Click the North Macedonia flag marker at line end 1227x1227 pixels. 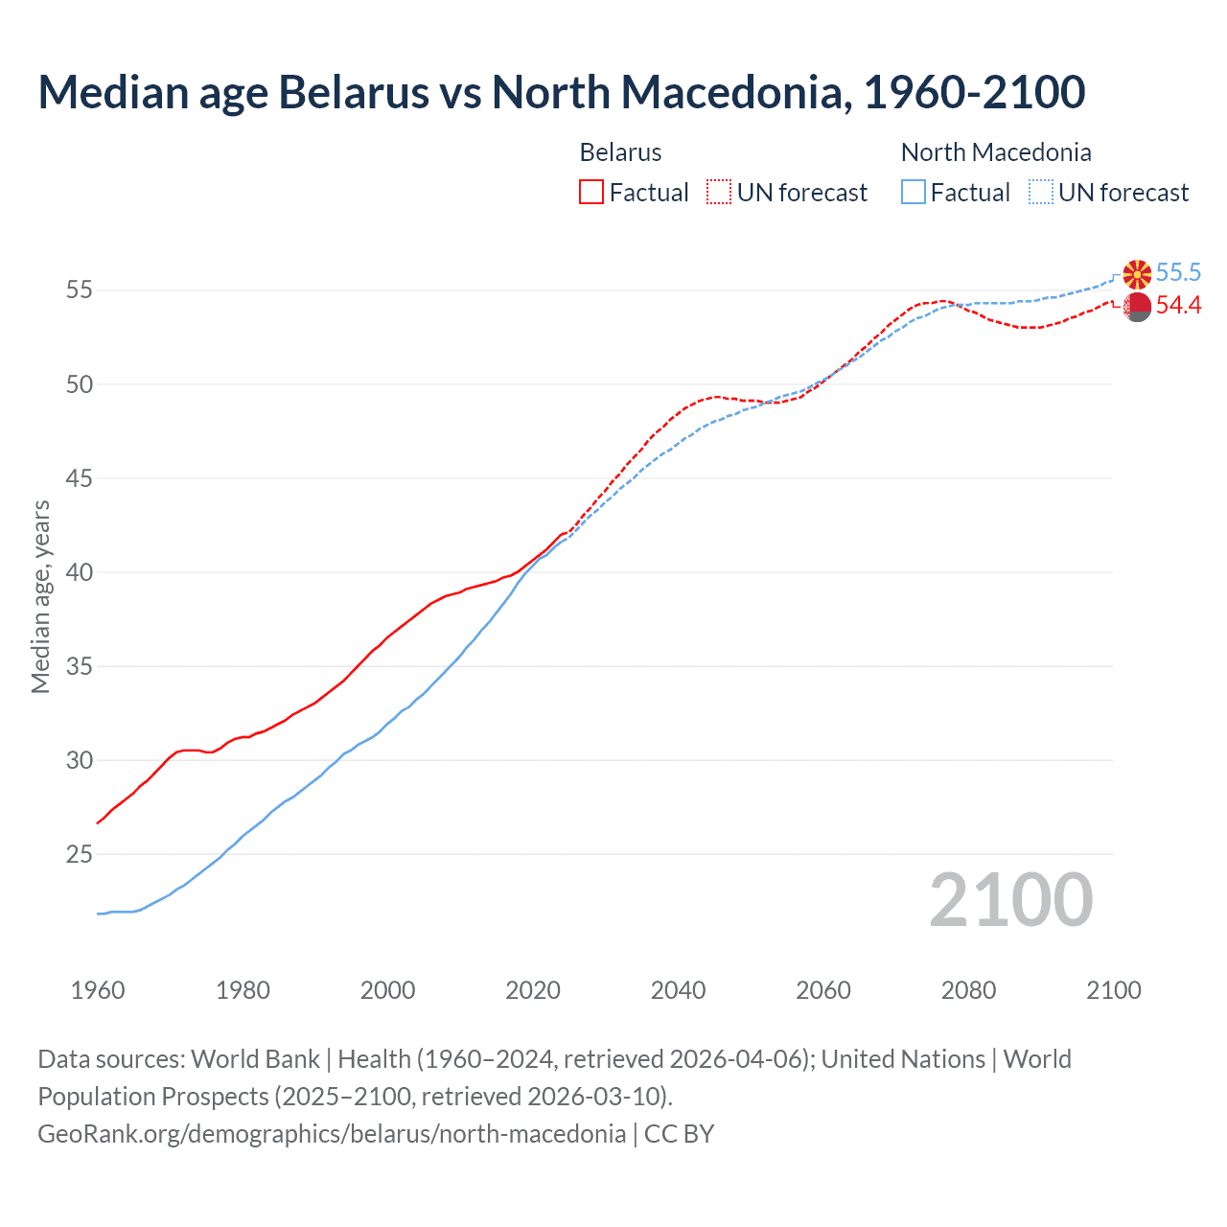tap(1137, 274)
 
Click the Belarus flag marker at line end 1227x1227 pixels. tap(1137, 307)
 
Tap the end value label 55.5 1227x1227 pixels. tap(1178, 273)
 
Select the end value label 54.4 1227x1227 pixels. tap(1178, 306)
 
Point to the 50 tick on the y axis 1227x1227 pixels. tap(79, 384)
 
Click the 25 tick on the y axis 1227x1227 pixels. tap(79, 854)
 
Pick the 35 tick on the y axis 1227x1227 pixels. tap(79, 666)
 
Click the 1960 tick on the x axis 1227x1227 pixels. tap(98, 990)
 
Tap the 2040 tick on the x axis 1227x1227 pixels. tap(678, 990)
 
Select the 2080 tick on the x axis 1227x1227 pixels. tap(968, 990)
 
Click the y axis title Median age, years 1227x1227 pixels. tap(40, 596)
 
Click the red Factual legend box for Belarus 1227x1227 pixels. tap(591, 193)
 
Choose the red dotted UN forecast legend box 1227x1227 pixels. tap(719, 193)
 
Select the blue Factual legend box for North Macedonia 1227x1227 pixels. tap(914, 193)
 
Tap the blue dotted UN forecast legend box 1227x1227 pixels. tap(1040, 193)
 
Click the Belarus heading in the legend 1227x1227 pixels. tap(620, 152)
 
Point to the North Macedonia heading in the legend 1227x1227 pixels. tap(996, 152)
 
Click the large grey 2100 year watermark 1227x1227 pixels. tap(1010, 900)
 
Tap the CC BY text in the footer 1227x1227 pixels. tap(679, 1134)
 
